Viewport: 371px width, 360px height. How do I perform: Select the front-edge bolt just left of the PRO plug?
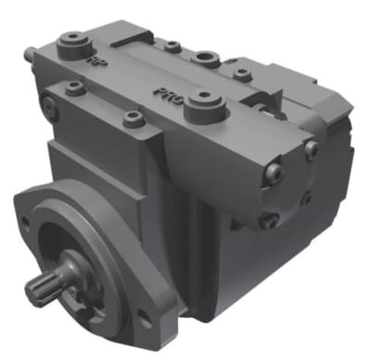click(x=134, y=118)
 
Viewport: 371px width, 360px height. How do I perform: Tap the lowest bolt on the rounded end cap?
click(x=270, y=220)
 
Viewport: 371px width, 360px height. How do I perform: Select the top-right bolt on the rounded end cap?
click(x=311, y=148)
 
